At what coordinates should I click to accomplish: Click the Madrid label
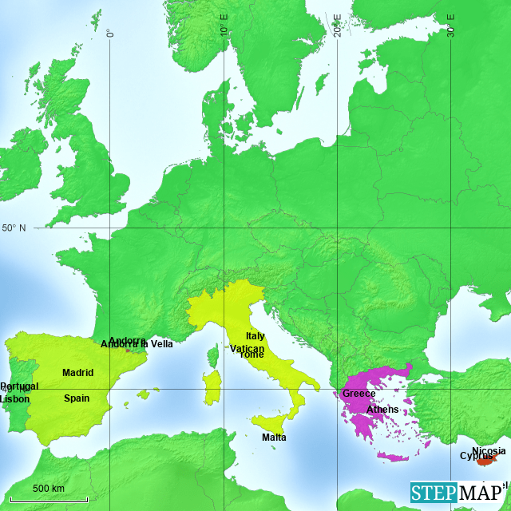pos(78,373)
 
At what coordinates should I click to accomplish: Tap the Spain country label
pos(77,398)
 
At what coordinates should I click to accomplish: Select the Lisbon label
pos(15,398)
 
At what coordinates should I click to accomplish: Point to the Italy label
pos(255,337)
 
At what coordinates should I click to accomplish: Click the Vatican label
pos(247,349)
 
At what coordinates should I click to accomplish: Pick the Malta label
pos(274,438)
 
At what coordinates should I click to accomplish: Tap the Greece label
pos(358,394)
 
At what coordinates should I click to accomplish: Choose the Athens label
pos(382,410)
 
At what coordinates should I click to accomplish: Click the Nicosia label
pos(489,451)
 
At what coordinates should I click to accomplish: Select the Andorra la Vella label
pos(137,344)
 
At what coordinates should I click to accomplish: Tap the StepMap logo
pos(458,493)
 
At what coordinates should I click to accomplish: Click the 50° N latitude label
pos(14,228)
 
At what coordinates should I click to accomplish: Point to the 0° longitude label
pos(110,32)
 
